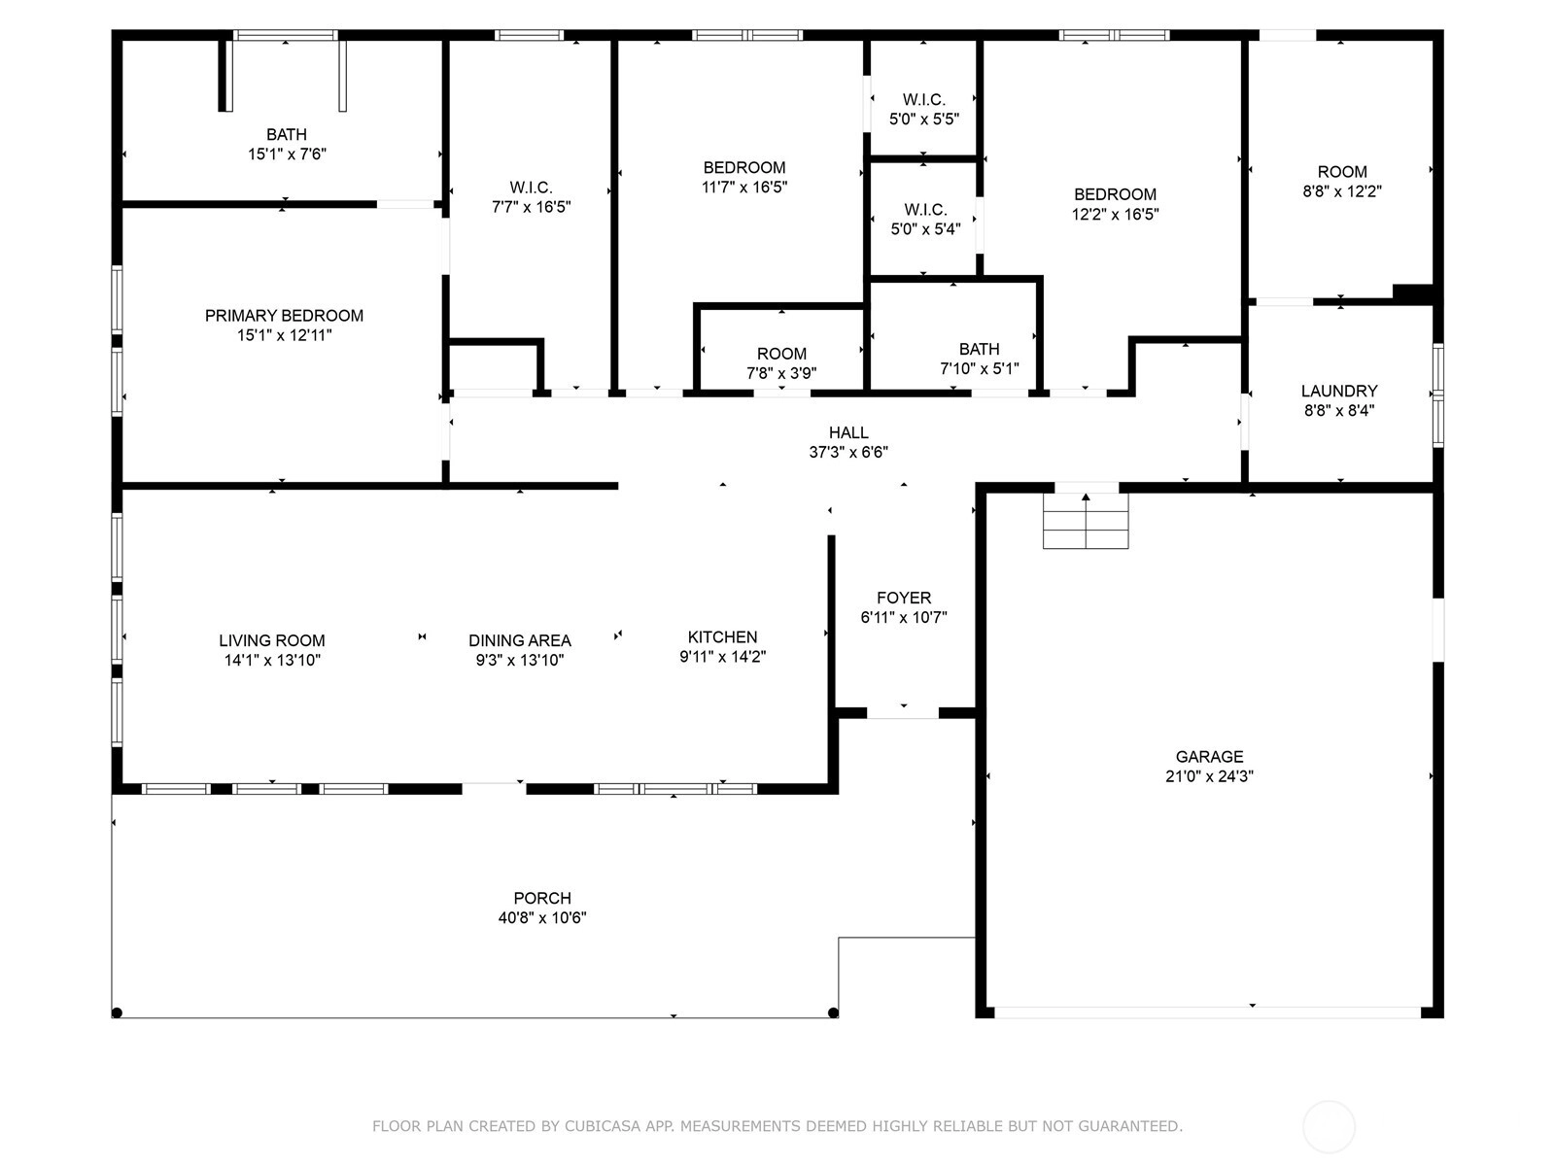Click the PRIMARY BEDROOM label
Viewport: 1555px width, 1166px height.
click(x=284, y=316)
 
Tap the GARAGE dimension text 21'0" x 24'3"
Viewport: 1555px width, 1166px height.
click(x=1209, y=776)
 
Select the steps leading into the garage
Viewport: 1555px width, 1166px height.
click(x=1086, y=521)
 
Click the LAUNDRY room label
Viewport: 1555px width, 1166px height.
click(x=1339, y=391)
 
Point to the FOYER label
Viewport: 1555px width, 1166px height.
click(x=904, y=598)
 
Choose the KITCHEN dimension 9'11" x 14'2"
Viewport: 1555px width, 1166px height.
click(x=723, y=656)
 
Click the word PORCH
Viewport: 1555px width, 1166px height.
click(x=542, y=898)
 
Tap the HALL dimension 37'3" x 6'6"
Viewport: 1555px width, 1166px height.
click(x=848, y=452)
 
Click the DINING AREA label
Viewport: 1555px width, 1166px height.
click(x=519, y=640)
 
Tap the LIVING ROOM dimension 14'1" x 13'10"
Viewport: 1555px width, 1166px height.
click(x=272, y=660)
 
